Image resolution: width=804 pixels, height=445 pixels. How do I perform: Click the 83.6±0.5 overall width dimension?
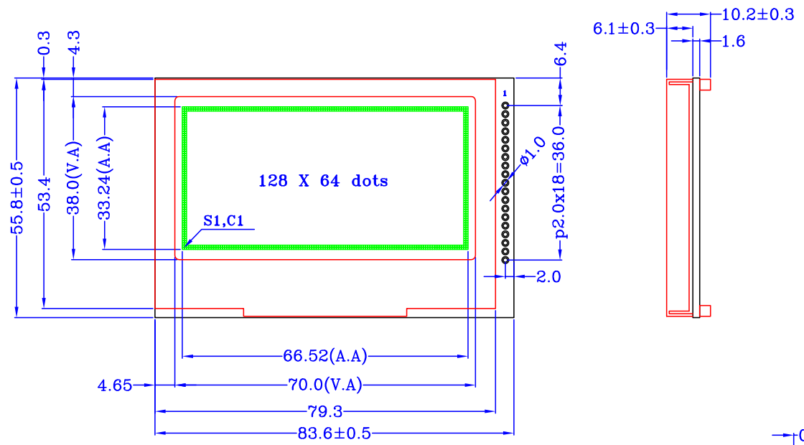(x=334, y=434)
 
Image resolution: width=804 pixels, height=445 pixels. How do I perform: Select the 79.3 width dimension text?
(x=325, y=411)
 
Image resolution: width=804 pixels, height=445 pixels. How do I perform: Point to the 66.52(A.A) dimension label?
(x=325, y=356)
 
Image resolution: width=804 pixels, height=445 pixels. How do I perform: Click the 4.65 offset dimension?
(x=116, y=385)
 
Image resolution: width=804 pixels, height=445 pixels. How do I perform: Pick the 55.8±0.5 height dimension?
(x=17, y=198)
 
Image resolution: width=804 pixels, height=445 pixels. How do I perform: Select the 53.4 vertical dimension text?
(x=46, y=195)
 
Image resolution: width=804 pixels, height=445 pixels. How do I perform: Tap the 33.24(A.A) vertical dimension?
(x=105, y=179)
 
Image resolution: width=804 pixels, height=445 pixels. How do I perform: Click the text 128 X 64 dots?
(x=322, y=181)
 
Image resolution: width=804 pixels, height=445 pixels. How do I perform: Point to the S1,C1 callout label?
(x=223, y=220)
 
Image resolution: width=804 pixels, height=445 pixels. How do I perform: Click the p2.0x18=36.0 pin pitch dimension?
(x=561, y=182)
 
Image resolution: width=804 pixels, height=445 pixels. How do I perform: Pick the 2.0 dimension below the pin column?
(x=548, y=277)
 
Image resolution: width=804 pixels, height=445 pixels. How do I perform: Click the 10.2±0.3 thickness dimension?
(x=758, y=14)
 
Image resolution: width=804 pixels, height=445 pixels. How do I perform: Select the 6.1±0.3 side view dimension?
(x=624, y=29)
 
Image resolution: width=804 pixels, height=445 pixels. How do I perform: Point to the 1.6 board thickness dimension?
(x=733, y=41)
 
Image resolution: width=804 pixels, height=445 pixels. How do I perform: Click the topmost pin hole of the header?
(x=505, y=106)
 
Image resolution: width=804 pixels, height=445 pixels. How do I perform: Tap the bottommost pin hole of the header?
(x=505, y=260)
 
